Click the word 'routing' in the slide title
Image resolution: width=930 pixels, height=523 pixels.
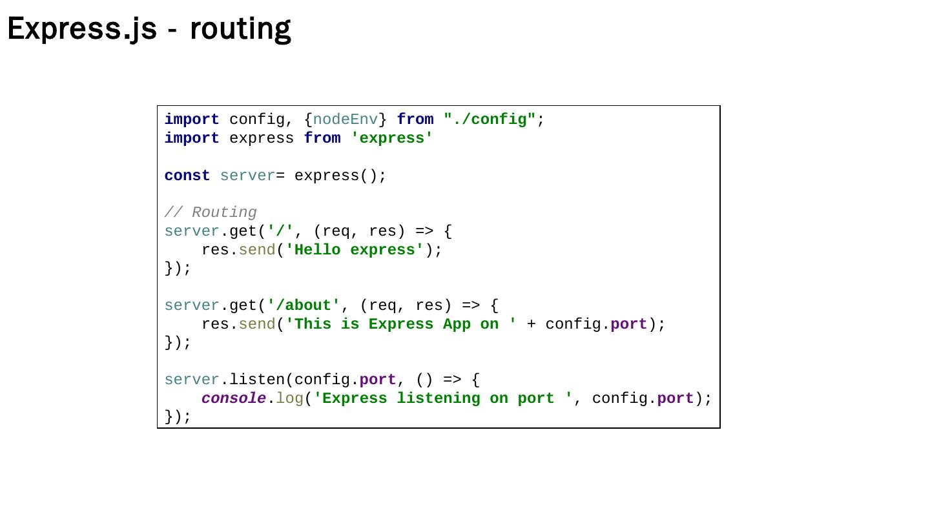(240, 29)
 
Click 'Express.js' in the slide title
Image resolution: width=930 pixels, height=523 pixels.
(82, 29)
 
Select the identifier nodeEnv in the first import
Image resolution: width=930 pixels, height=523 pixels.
(346, 119)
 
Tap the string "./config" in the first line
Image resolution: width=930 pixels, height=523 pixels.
(490, 119)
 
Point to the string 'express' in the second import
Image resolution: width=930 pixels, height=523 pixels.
(392, 138)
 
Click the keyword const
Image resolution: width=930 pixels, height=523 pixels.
(187, 176)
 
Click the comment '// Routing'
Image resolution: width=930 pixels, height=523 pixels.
(211, 212)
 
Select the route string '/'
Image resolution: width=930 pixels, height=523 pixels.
(280, 231)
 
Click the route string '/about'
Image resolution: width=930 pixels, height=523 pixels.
(304, 305)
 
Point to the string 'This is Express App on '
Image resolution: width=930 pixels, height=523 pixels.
(401, 324)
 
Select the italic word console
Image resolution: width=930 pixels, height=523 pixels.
(233, 398)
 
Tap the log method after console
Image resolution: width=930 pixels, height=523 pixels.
(289, 398)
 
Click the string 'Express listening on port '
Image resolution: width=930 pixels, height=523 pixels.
(443, 398)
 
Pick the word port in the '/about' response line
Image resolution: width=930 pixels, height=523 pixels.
(628, 324)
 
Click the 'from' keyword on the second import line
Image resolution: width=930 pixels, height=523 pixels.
(322, 138)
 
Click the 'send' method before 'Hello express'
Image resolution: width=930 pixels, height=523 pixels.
(257, 250)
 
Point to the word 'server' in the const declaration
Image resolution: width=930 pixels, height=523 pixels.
(247, 176)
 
